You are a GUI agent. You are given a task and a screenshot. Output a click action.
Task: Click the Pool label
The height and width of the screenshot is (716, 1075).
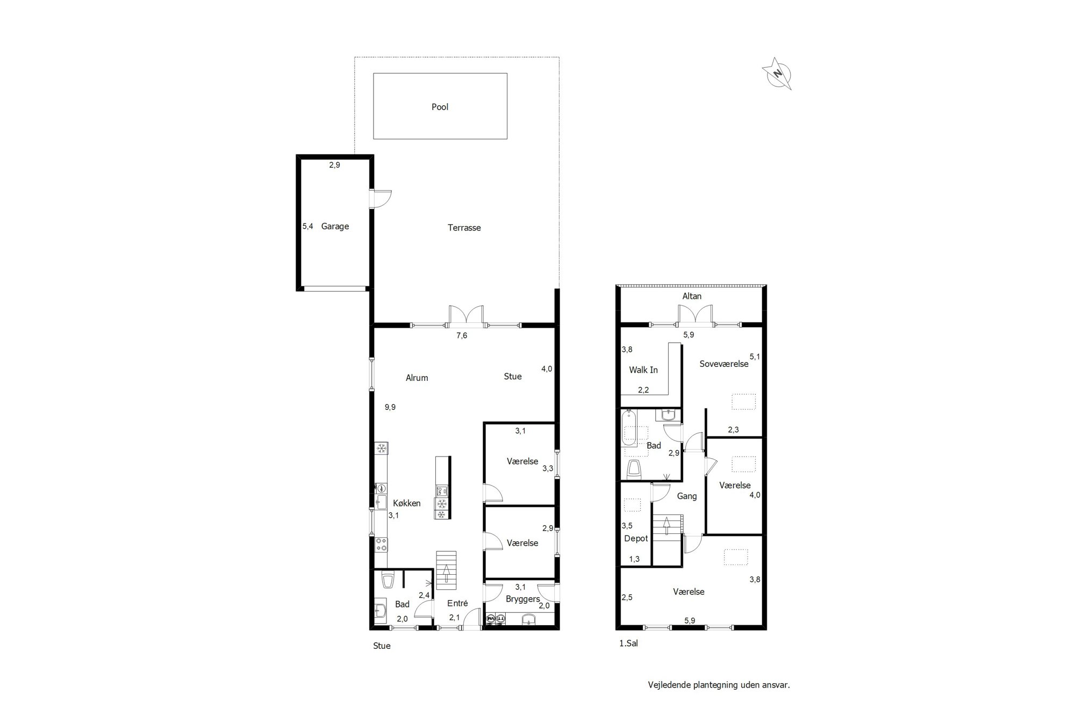click(440, 107)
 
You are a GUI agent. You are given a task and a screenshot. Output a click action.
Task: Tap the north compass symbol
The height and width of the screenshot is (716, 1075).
click(777, 74)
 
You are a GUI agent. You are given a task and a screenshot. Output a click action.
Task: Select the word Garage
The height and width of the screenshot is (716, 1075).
click(335, 227)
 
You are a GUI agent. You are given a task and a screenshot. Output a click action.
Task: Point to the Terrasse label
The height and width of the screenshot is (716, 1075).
click(464, 228)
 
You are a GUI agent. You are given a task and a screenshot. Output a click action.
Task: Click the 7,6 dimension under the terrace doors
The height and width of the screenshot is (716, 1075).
click(462, 336)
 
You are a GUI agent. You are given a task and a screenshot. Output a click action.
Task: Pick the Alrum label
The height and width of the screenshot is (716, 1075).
click(417, 378)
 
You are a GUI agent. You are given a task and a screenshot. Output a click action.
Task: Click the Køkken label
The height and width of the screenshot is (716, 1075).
click(407, 503)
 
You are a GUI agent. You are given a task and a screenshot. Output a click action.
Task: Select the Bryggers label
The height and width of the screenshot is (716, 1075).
click(522, 599)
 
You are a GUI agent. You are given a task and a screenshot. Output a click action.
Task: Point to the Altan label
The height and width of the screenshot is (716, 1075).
click(692, 296)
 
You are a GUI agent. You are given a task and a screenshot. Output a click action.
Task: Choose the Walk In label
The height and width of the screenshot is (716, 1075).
click(643, 370)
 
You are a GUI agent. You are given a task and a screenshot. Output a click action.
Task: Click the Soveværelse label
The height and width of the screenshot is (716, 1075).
click(724, 364)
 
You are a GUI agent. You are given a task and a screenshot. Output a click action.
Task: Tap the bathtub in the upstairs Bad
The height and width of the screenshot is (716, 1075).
click(628, 428)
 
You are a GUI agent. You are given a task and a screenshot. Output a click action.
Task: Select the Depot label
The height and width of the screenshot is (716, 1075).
click(636, 539)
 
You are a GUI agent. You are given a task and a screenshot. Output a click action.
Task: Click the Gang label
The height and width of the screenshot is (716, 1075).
click(687, 496)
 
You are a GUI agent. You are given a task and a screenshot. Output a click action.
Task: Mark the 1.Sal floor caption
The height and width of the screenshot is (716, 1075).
click(629, 643)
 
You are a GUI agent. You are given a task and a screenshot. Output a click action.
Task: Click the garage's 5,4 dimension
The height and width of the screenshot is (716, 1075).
click(307, 227)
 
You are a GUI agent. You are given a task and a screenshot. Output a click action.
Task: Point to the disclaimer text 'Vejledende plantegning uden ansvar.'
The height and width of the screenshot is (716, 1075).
click(719, 685)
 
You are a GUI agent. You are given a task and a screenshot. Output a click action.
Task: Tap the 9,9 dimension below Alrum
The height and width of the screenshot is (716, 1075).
click(390, 407)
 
